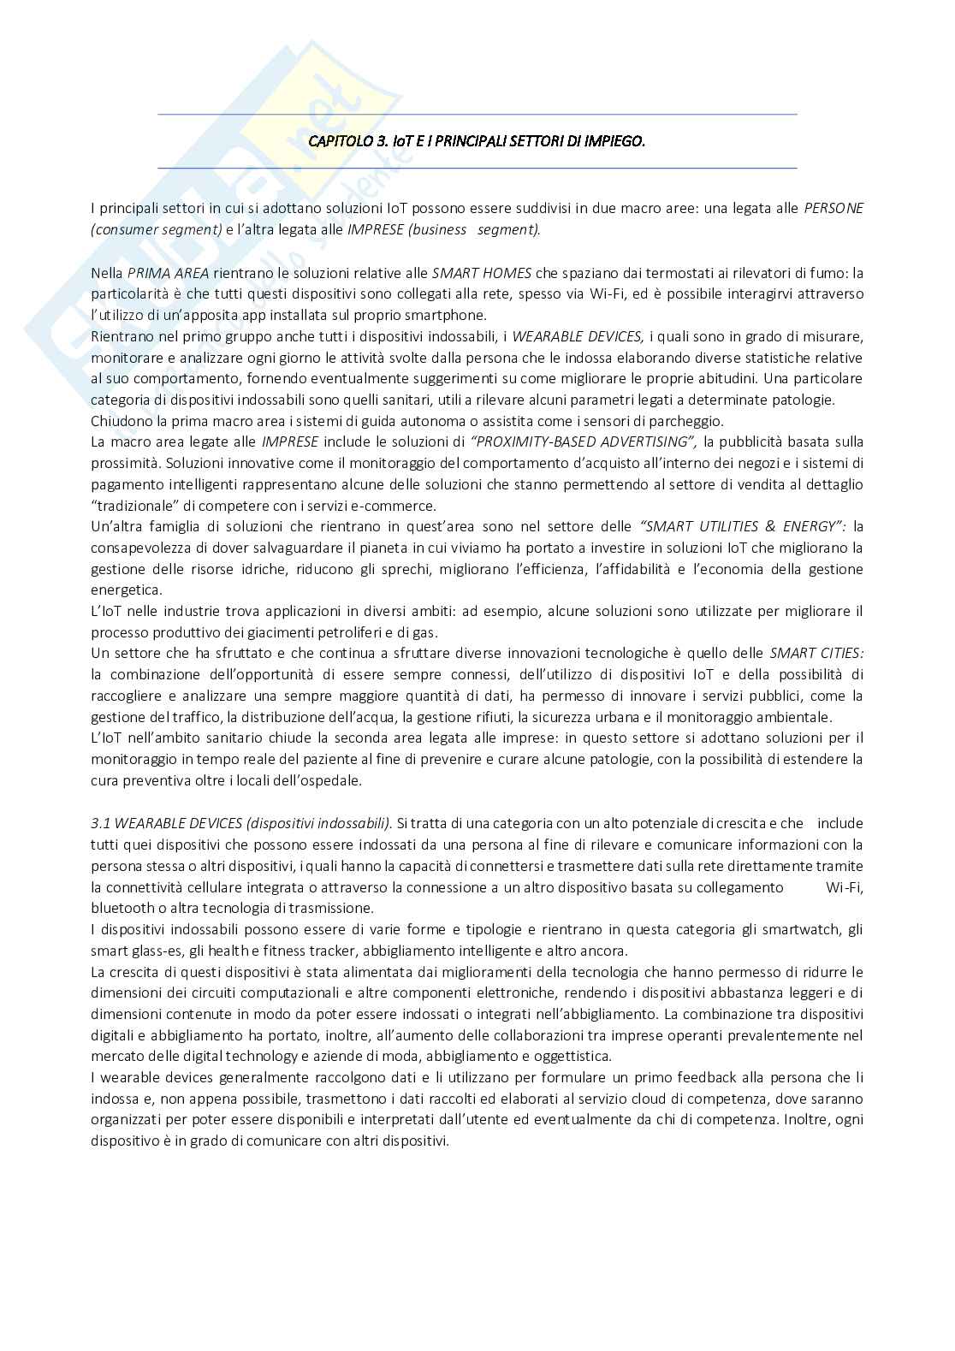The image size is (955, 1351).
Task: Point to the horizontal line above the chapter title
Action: pos(478,115)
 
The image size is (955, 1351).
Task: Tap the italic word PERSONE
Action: pos(833,209)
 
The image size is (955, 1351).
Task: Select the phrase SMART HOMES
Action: pos(482,273)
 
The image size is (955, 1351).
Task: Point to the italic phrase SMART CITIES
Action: pos(816,653)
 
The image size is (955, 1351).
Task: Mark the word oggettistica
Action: pos(572,1056)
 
